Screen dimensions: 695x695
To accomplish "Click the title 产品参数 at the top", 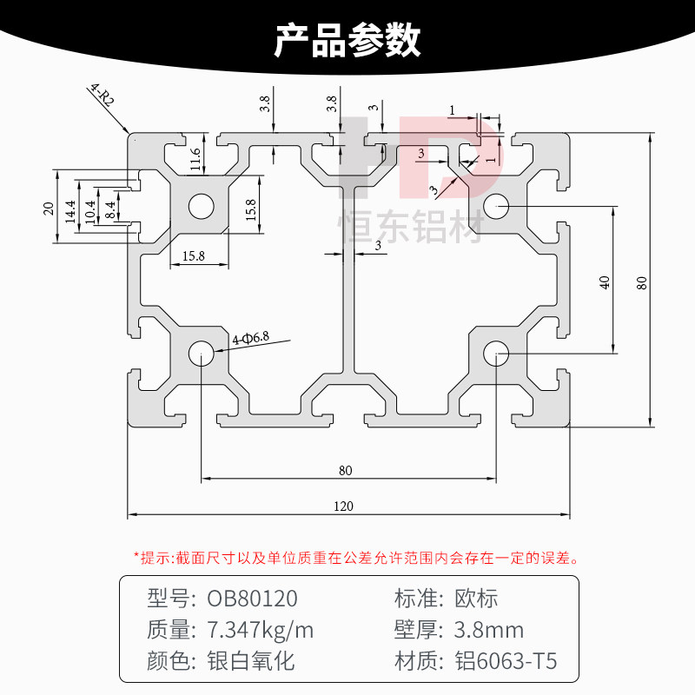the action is point(347,40).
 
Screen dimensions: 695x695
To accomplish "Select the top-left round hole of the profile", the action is point(202,206).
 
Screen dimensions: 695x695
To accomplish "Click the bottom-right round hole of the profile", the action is point(496,353).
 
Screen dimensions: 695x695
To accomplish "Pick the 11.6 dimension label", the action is point(195,157).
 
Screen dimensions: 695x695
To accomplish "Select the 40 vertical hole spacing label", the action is point(605,281).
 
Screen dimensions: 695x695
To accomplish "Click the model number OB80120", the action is point(252,599).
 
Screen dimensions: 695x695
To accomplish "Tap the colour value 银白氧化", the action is point(251,661).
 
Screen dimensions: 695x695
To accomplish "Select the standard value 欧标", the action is point(476,599).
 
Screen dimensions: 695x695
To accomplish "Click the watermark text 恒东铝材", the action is point(409,228).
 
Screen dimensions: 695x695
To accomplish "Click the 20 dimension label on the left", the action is point(49,208).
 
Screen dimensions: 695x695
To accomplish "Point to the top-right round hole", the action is point(496,206).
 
